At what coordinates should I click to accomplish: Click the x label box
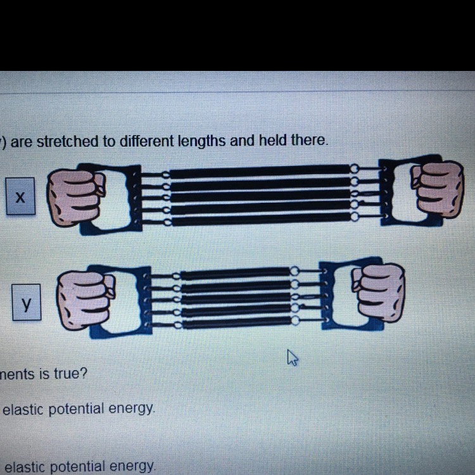click(21, 196)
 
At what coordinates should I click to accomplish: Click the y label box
click(27, 302)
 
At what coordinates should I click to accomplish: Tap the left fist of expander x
click(76, 197)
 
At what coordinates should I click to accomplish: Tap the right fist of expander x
click(437, 189)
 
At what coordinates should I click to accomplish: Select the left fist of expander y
click(85, 300)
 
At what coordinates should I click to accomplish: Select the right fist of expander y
click(378, 293)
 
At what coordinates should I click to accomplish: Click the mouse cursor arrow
click(293, 357)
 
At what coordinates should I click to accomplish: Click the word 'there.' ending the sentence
click(309, 140)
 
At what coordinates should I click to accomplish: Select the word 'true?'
click(70, 373)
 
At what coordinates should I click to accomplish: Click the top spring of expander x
click(260, 172)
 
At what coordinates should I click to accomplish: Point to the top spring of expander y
click(236, 274)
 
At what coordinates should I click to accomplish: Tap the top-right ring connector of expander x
click(354, 168)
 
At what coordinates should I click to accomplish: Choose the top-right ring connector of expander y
click(294, 270)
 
